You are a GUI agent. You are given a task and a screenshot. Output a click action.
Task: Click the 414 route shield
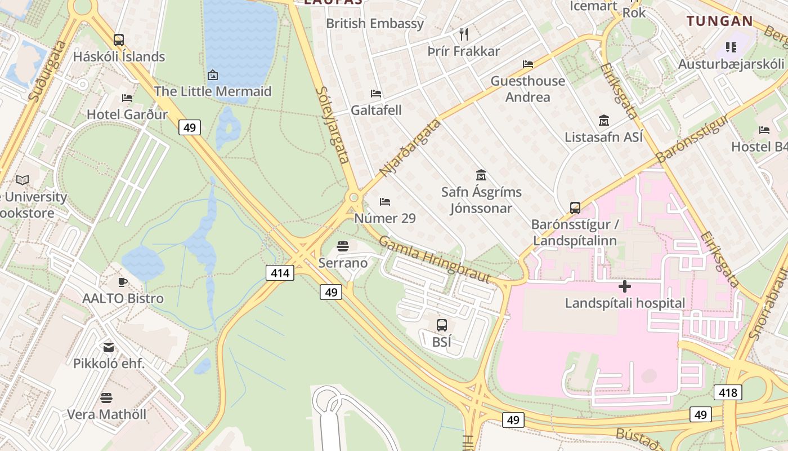(280, 273)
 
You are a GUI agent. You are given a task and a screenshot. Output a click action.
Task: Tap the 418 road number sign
(728, 392)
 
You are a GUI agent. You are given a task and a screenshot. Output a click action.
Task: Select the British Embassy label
(375, 24)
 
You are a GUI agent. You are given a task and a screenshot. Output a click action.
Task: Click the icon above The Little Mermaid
(213, 74)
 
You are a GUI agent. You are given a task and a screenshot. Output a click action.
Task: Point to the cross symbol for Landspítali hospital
(625, 286)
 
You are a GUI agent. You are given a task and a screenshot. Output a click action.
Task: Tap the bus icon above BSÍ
(442, 325)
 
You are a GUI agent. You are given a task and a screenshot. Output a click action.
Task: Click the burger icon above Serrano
(343, 246)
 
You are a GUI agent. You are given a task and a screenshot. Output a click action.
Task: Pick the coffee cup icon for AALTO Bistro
(123, 282)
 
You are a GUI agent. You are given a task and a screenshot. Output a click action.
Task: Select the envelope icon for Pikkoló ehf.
(109, 347)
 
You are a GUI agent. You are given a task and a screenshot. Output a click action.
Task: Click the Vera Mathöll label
(106, 414)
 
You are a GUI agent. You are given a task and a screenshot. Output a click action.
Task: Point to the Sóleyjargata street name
(333, 125)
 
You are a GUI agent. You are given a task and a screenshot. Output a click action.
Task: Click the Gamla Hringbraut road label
(434, 260)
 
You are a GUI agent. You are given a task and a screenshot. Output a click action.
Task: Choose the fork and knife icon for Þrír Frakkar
(464, 34)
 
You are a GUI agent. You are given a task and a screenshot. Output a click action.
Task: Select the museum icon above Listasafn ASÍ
(604, 120)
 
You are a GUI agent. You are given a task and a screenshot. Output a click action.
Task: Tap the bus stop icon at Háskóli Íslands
(119, 40)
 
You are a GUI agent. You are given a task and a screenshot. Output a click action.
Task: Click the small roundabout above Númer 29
(354, 197)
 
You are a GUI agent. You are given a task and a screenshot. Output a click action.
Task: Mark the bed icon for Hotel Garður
(127, 98)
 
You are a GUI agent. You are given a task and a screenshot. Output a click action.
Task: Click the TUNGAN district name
(719, 21)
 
